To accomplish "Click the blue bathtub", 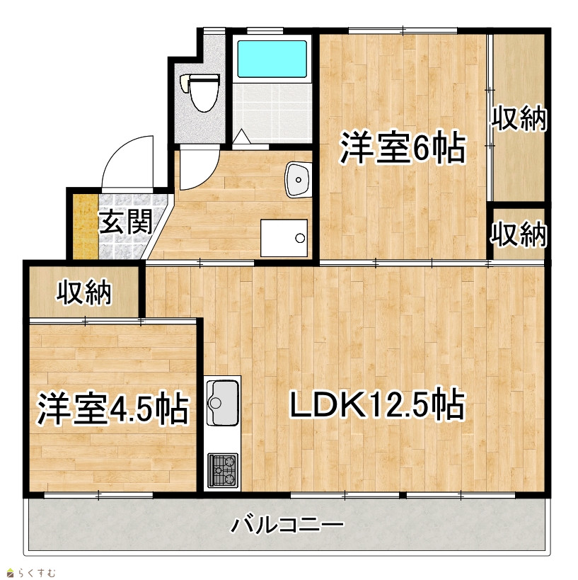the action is pos(272,59).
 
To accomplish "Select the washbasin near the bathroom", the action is pos(297,179).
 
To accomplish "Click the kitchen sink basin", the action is pos(222,402).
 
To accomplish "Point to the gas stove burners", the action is pos(222,470).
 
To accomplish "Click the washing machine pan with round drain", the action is pos(284,238).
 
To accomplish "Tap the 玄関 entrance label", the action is pos(125,222).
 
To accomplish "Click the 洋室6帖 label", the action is pos(403,147).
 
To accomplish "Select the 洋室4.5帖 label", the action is pos(112,409).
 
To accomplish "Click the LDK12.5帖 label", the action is pos(377,403).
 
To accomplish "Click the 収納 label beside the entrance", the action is pos(84,292).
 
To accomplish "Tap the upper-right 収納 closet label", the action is pos(519,118).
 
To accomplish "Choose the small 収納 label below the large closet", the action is pos(519,234).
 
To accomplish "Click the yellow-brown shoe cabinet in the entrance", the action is pos(86,227).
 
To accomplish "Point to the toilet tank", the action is pos(185,84).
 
